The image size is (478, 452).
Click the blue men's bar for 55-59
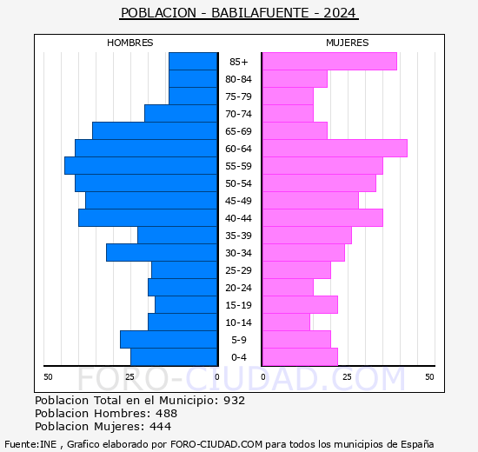pyautogui.click(x=141, y=166)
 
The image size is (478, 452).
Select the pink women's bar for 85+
pyautogui.click(x=329, y=62)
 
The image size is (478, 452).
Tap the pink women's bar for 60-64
pyautogui.click(x=335, y=149)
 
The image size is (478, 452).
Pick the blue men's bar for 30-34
pyautogui.click(x=162, y=253)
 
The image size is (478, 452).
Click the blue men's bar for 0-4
pyautogui.click(x=174, y=357)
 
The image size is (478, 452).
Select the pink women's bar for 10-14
pyautogui.click(x=286, y=322)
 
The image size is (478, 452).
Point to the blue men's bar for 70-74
pyautogui.click(x=181, y=114)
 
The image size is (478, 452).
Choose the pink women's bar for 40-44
pyautogui.click(x=322, y=218)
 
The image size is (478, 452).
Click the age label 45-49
pyautogui.click(x=238, y=201)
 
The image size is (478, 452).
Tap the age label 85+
pyautogui.click(x=239, y=62)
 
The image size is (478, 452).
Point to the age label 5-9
pyautogui.click(x=239, y=340)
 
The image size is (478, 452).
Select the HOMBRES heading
pyautogui.click(x=129, y=43)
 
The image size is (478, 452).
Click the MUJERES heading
pyautogui.click(x=348, y=43)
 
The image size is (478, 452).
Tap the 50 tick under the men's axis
pyautogui.click(x=48, y=377)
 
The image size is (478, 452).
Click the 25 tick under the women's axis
pyautogui.click(x=347, y=377)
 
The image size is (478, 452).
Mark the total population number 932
pyautogui.click(x=234, y=401)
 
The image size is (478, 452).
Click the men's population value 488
pyautogui.click(x=167, y=414)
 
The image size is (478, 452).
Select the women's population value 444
pyautogui.click(x=161, y=427)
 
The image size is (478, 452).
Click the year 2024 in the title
pyautogui.click(x=340, y=13)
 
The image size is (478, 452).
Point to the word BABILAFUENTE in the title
pyautogui.click(x=260, y=13)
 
